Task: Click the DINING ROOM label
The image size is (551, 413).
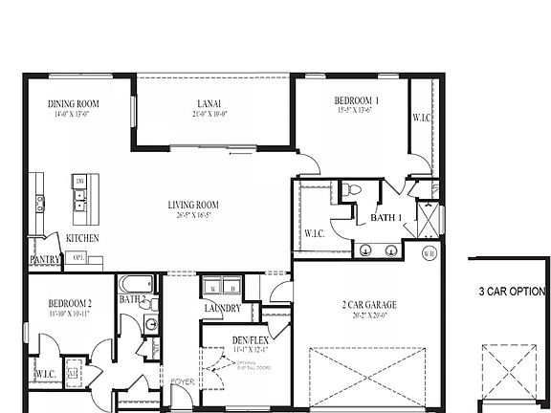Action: point(75,104)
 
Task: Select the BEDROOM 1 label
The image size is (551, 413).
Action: point(357,100)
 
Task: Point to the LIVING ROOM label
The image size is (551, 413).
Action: point(194,204)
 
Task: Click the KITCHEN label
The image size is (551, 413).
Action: point(82,238)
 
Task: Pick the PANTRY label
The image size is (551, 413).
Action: point(46,259)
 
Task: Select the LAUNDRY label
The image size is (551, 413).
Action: point(221,308)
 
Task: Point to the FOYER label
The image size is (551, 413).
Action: point(181,385)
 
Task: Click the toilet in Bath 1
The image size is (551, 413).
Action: point(353,190)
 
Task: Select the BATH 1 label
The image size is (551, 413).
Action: point(386,219)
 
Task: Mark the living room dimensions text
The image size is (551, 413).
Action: point(194,216)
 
